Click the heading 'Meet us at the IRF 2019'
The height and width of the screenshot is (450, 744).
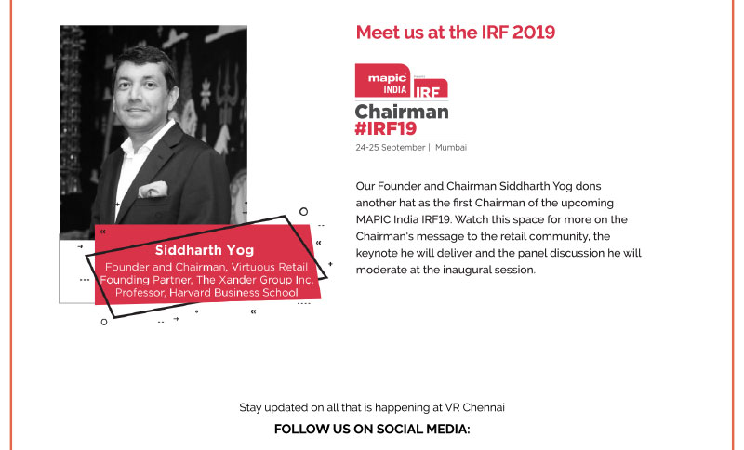[x=456, y=33]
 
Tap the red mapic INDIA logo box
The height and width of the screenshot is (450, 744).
[x=382, y=81]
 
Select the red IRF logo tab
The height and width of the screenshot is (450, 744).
[x=430, y=88]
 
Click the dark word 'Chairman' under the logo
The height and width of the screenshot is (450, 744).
[x=402, y=112]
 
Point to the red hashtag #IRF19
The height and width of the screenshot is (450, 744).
[x=386, y=128]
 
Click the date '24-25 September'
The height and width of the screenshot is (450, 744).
[x=391, y=148]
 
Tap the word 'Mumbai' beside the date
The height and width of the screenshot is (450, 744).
[x=451, y=148]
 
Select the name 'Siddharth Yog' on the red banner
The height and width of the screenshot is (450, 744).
[x=205, y=250]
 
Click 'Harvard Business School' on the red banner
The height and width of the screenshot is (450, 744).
[x=233, y=293]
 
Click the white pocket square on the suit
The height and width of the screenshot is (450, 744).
[x=153, y=189]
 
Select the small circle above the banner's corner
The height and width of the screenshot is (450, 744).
[x=304, y=211]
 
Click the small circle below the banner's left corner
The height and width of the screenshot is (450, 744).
[x=104, y=322]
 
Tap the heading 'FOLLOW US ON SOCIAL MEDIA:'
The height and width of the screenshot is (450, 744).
[x=372, y=430]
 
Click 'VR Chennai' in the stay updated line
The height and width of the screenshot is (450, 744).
[x=474, y=407]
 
